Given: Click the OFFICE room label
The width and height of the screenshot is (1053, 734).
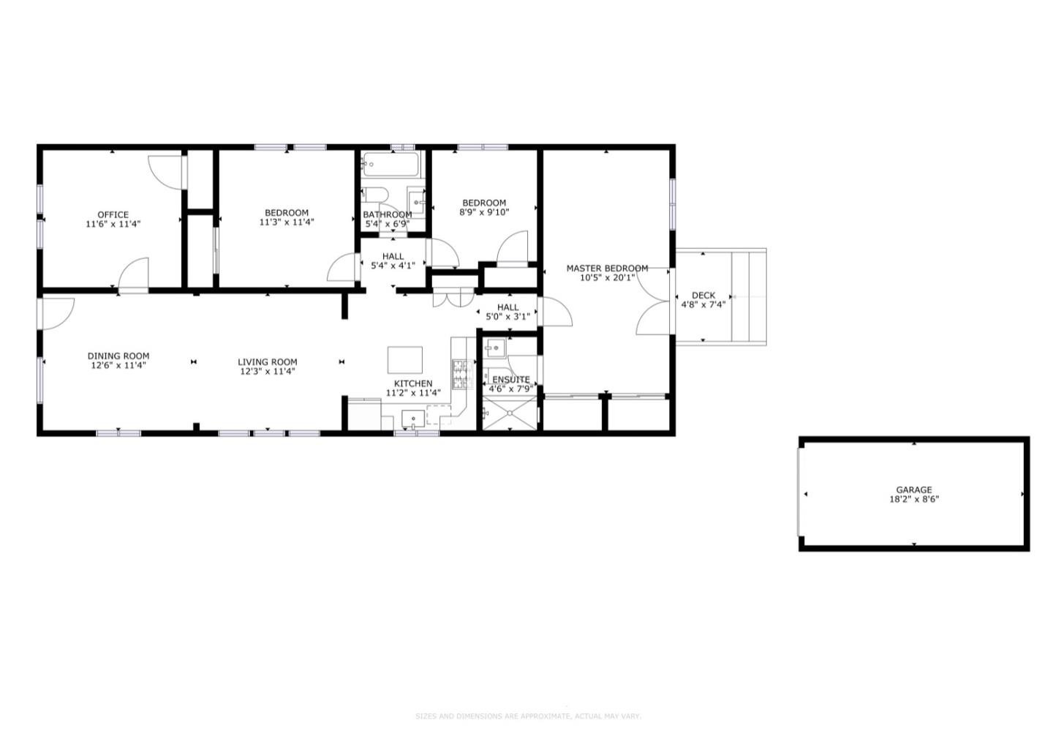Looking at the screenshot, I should pyautogui.click(x=113, y=214).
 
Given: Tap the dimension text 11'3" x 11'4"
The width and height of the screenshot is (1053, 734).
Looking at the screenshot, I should pyautogui.click(x=287, y=222).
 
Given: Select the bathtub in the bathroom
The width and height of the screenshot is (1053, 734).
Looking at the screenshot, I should pyautogui.click(x=391, y=165).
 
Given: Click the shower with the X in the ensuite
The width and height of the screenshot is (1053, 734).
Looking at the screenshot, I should pyautogui.click(x=509, y=415).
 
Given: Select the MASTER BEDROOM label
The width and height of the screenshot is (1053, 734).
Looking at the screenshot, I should pyautogui.click(x=607, y=268).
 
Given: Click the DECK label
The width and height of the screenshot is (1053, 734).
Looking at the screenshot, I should pyautogui.click(x=703, y=295).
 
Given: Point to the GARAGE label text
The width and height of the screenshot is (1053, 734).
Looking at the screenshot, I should pyautogui.click(x=914, y=490).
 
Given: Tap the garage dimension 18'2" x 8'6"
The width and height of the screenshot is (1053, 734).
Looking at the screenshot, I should pyautogui.click(x=914, y=500).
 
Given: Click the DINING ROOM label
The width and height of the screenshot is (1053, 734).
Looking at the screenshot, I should pyautogui.click(x=118, y=356).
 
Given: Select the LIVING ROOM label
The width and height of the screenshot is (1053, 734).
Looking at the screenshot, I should pyautogui.click(x=268, y=362).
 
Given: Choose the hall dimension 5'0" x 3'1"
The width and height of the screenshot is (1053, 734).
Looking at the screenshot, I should pyautogui.click(x=507, y=317).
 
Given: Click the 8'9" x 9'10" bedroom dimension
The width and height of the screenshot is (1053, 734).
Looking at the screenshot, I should pyautogui.click(x=484, y=212).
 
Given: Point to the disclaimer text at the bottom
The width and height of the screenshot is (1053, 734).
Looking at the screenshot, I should pyautogui.click(x=527, y=716).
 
